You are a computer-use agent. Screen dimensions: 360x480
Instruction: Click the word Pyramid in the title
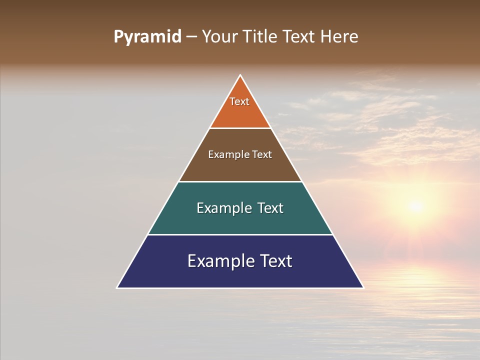pos(147,37)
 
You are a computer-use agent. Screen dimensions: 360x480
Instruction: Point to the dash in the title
pos(191,37)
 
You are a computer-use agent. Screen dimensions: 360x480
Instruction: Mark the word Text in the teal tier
pos(271,208)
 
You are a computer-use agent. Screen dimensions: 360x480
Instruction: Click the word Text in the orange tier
pos(239,101)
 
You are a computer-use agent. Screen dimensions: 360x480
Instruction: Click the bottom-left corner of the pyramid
pos(117,287)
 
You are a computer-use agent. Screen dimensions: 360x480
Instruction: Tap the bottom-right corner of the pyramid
pos(363,287)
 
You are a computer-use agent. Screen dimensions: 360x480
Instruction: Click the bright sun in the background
pos(415,205)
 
